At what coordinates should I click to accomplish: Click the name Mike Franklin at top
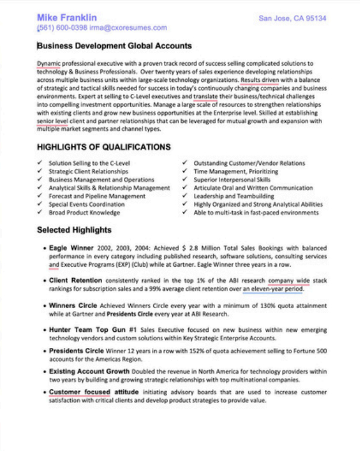click(67, 17)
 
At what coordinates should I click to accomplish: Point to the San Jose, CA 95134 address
click(292, 18)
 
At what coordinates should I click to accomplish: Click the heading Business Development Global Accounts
click(114, 46)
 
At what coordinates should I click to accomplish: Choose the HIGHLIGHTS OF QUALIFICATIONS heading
click(104, 147)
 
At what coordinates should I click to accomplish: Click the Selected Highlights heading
click(74, 230)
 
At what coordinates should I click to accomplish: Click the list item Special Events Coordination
click(86, 204)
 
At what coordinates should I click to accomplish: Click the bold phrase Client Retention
click(77, 281)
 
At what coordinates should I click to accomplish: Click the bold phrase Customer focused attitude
click(93, 392)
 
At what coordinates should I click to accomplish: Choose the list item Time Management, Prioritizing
click(236, 172)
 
